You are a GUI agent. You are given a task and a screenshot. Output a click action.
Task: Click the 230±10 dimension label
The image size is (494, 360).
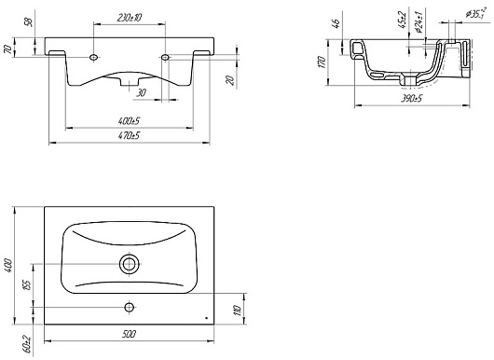(129, 18)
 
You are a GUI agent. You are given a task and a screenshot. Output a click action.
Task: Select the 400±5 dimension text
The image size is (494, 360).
(129, 120)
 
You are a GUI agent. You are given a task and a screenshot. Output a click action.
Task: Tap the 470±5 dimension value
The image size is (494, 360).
(129, 136)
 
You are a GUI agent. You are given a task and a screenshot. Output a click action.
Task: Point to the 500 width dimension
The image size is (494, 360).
(129, 334)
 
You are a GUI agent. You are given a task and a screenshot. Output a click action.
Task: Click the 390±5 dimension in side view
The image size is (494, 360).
(411, 99)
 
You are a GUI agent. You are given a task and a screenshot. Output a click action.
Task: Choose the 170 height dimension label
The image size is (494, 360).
(322, 62)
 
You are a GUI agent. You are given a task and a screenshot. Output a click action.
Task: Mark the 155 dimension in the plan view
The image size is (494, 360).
(27, 285)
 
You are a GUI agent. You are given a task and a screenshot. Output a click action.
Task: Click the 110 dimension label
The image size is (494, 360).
(238, 310)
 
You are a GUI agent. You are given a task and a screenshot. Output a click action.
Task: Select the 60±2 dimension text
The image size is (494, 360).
(27, 343)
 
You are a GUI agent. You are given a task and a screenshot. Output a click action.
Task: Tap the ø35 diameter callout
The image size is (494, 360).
(475, 14)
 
